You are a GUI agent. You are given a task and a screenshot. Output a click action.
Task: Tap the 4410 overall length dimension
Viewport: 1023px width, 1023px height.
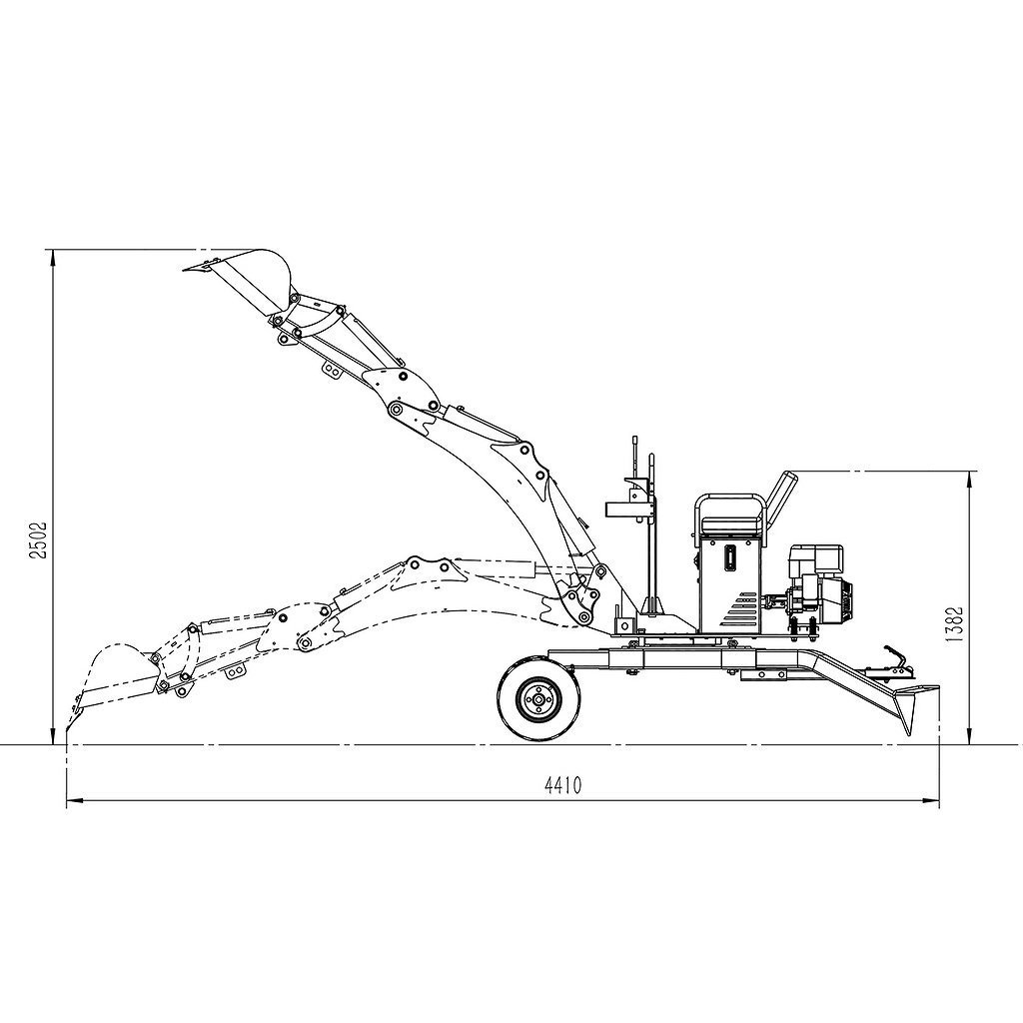pos(562,785)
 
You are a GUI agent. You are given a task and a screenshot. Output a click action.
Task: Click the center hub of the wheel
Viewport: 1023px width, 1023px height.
pos(539,698)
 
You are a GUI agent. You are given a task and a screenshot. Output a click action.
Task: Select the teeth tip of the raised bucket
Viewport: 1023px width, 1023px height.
pos(187,267)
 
